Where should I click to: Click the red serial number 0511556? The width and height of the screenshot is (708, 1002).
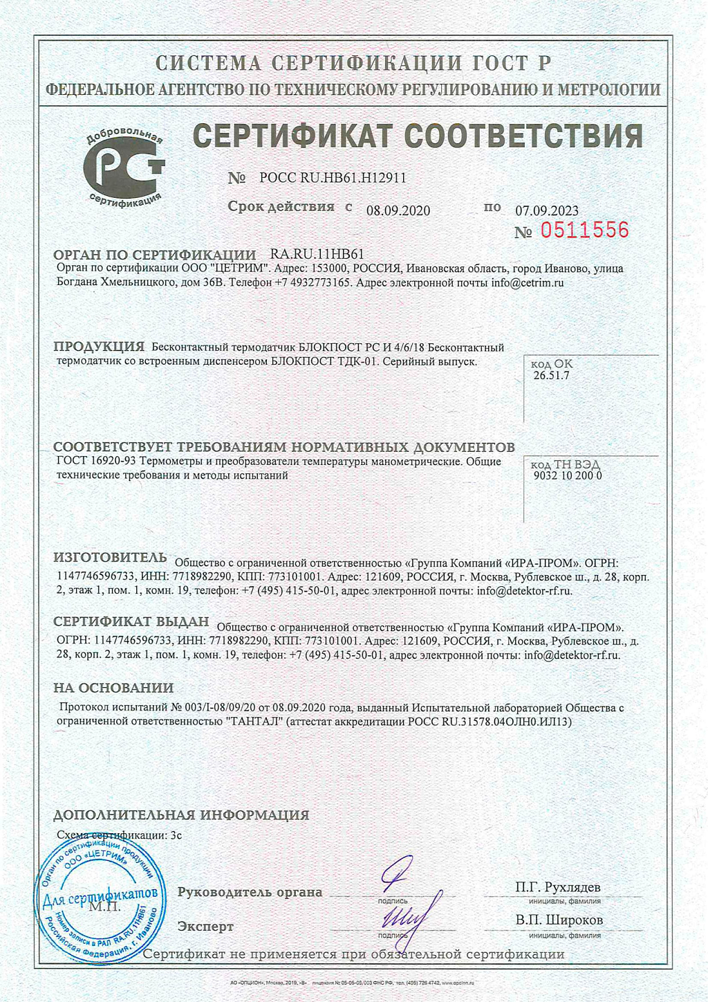point(584,230)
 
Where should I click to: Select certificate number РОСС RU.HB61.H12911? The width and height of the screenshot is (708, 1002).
point(332,178)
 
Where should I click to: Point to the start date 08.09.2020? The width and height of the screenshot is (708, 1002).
point(398,210)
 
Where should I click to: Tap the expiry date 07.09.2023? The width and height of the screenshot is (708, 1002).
point(547,210)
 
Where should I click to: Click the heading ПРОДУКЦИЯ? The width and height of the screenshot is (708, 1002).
point(99,347)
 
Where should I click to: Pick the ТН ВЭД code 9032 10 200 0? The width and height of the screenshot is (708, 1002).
point(568,475)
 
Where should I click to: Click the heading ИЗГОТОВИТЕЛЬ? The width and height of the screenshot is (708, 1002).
point(110,558)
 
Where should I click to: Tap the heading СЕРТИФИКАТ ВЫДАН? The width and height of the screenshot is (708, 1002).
point(131,621)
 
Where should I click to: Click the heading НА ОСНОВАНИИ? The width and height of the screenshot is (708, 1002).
point(113,688)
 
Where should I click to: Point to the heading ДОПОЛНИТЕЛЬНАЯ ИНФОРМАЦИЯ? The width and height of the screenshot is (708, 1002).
point(181,815)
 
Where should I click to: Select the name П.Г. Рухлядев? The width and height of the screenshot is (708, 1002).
point(557,887)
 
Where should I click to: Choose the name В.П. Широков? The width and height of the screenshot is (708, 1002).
point(559,920)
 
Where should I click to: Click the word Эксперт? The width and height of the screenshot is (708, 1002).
point(205,926)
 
